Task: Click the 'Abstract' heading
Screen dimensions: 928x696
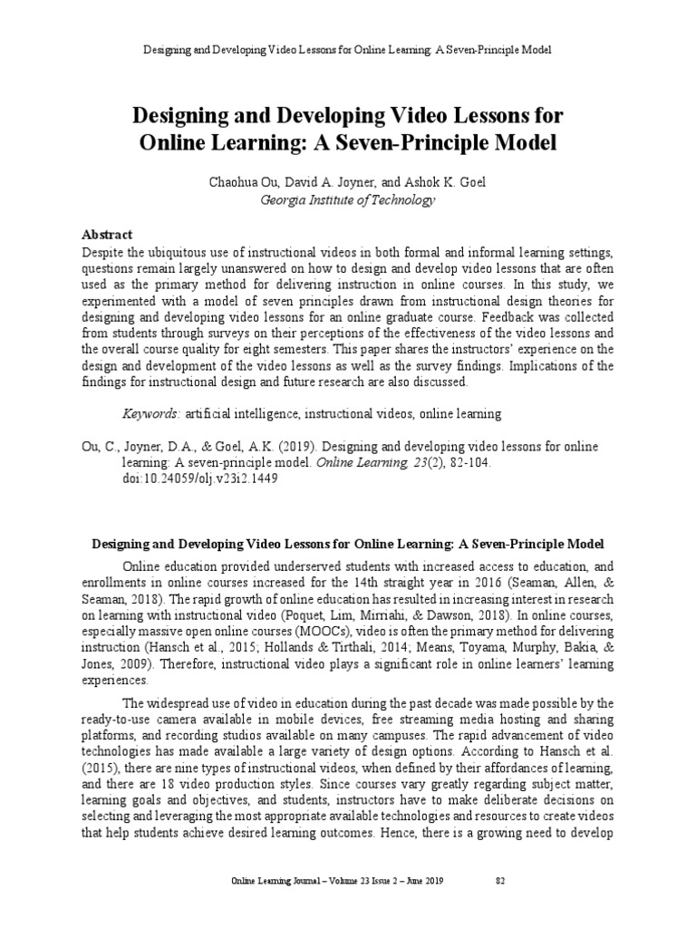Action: pyautogui.click(x=107, y=234)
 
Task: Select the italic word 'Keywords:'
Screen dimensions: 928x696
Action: pyautogui.click(x=151, y=414)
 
